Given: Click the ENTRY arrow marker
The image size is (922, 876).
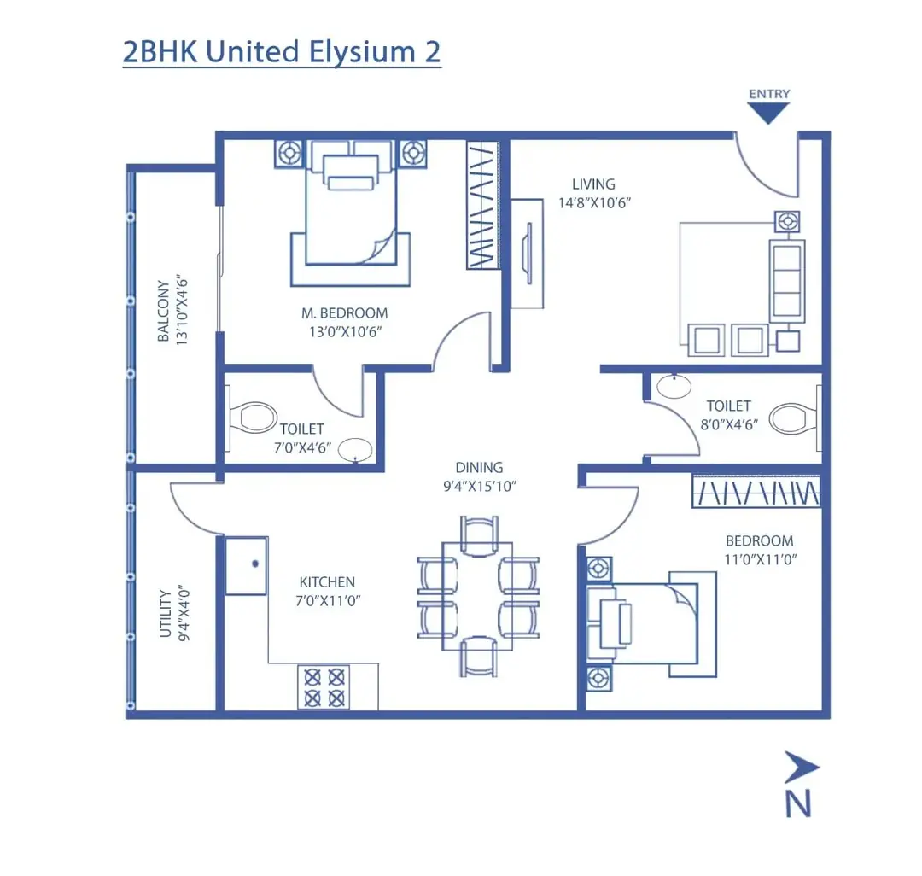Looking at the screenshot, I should click(x=768, y=112).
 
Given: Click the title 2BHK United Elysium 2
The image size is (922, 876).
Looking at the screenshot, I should click(x=282, y=51).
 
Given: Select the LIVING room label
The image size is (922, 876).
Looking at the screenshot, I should click(x=593, y=184).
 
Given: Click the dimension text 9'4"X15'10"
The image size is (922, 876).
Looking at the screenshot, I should click(x=479, y=486).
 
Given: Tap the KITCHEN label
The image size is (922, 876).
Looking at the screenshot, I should click(x=327, y=582).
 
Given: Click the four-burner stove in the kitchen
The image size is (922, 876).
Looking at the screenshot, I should click(x=325, y=687).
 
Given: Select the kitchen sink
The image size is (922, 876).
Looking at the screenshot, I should click(x=247, y=565).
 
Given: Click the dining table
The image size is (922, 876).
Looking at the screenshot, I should click(x=478, y=590).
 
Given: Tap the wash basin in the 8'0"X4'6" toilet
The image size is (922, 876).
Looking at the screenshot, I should click(x=675, y=386).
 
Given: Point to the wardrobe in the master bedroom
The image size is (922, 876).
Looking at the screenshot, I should click(x=482, y=205).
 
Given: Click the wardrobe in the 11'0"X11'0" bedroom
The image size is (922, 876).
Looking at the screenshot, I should click(x=756, y=492).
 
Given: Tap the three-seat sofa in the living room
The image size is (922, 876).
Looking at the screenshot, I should click(x=786, y=281).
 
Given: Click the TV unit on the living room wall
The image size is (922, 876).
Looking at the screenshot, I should click(x=528, y=253).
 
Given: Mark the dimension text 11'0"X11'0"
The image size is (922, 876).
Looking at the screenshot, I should click(x=759, y=559).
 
